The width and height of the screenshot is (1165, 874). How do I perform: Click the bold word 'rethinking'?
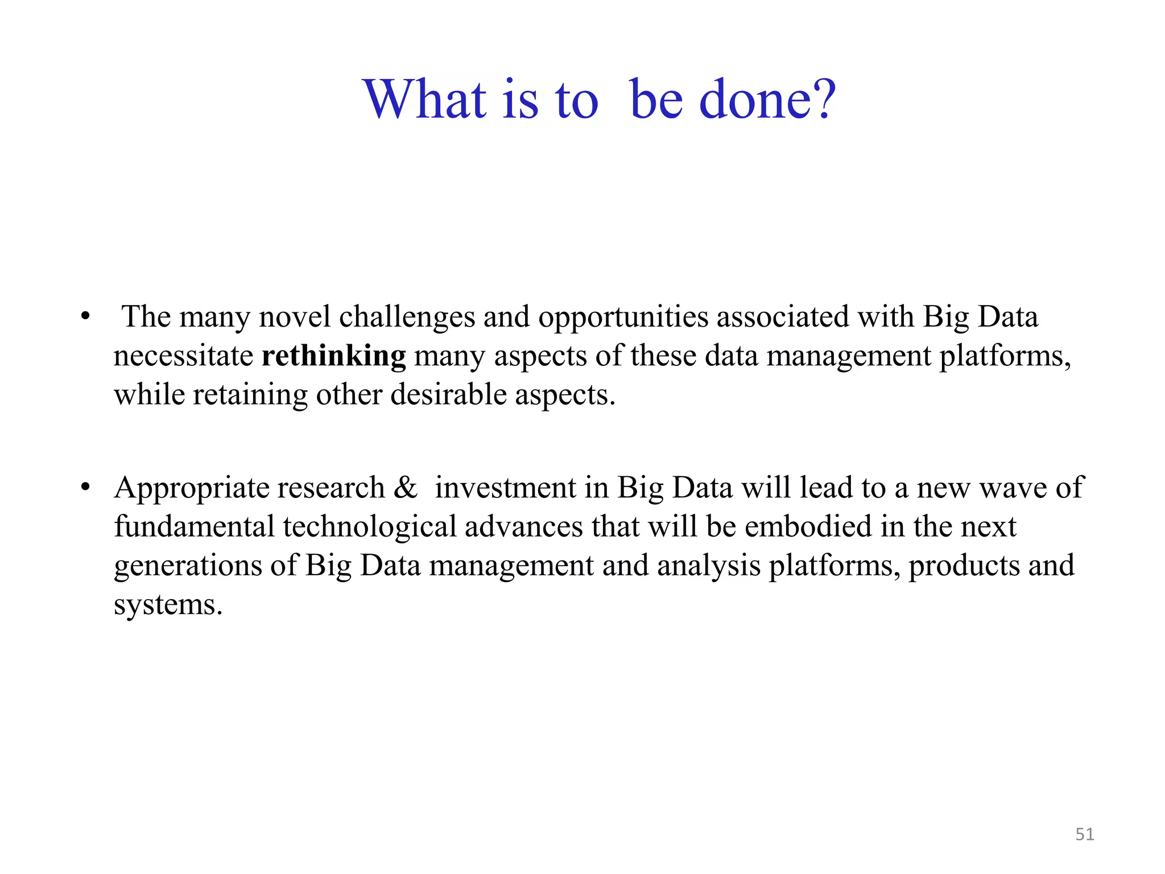click(x=334, y=356)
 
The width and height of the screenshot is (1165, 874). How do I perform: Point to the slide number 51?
click(x=1085, y=834)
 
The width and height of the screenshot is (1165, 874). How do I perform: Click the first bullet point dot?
click(x=85, y=316)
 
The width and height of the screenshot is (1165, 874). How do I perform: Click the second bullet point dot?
click(x=85, y=488)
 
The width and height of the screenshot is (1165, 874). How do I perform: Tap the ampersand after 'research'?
click(x=405, y=488)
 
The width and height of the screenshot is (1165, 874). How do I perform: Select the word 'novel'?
click(x=295, y=317)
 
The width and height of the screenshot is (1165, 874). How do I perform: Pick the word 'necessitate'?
click(x=183, y=356)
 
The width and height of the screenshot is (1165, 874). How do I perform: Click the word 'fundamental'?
click(x=194, y=526)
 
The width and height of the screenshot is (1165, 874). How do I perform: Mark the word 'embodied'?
click(x=808, y=526)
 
